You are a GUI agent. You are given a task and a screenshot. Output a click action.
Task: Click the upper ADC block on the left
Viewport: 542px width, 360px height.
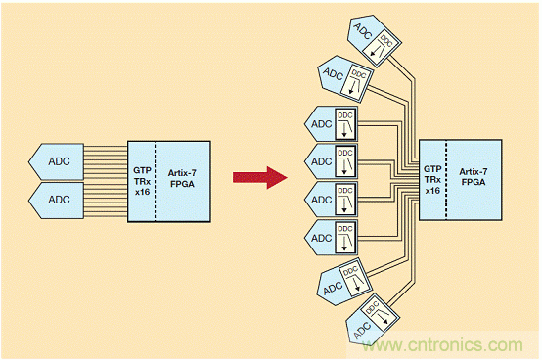(x=57, y=161)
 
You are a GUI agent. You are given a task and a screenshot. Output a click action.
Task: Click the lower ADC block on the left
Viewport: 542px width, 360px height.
(x=57, y=201)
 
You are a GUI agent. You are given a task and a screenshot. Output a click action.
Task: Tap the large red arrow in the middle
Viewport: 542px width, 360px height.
(x=260, y=178)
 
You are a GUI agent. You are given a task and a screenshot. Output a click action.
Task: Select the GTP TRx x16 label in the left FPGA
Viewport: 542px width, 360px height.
(x=142, y=181)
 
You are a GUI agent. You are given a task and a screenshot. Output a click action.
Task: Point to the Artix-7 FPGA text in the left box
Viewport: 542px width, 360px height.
(x=182, y=178)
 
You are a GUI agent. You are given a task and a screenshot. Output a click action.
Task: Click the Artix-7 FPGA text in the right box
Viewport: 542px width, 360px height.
(x=474, y=177)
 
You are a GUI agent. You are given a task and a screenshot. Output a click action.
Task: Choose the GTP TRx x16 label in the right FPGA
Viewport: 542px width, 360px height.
(x=432, y=180)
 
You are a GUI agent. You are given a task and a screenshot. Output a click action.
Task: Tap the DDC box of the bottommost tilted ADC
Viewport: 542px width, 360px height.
(x=380, y=313)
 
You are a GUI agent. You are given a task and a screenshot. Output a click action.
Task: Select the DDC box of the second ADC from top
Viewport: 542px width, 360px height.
(x=356, y=83)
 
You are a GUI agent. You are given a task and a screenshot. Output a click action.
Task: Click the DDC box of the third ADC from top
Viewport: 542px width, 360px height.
(x=345, y=124)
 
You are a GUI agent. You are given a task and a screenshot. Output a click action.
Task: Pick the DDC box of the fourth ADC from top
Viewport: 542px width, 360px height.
(x=345, y=161)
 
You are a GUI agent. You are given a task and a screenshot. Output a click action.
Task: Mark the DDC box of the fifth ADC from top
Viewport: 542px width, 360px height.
(x=345, y=200)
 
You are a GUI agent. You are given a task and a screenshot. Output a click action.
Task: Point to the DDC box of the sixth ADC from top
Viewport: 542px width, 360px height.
(x=345, y=238)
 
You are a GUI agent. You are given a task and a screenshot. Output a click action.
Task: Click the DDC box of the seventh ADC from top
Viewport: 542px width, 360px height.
(x=355, y=279)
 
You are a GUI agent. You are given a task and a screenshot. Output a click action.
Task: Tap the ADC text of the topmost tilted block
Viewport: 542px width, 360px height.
(x=363, y=31)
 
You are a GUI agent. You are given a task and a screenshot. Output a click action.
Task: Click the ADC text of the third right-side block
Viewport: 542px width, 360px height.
(x=321, y=124)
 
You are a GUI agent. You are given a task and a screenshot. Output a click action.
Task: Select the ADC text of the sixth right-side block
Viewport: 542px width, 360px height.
(x=321, y=238)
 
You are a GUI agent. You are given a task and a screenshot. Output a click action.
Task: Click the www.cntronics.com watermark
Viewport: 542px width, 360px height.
(x=443, y=344)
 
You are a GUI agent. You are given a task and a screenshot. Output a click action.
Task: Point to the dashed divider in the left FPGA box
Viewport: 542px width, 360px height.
(x=156, y=181)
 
